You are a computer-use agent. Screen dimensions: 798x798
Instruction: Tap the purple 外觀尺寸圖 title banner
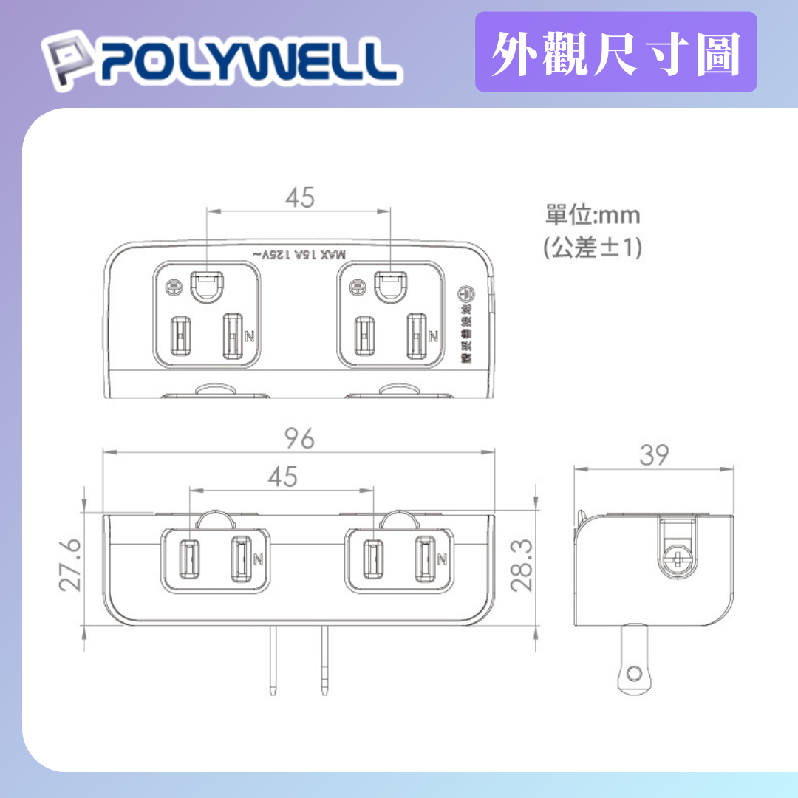pos(615,54)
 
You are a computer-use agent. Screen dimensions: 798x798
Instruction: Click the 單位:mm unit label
pos(593,215)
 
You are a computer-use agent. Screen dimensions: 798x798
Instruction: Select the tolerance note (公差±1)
pos(593,248)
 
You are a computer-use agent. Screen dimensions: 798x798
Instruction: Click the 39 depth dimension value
pos(655,456)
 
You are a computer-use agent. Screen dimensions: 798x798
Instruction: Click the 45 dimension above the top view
pos(299,197)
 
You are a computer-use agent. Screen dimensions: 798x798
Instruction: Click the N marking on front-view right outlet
pos(440,559)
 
